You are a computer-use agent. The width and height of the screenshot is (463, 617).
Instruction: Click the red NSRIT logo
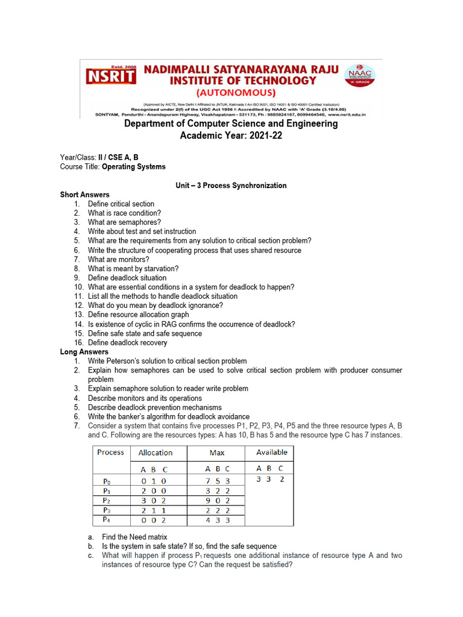[x=110, y=76]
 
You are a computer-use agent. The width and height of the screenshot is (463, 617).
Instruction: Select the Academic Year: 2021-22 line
[x=231, y=136]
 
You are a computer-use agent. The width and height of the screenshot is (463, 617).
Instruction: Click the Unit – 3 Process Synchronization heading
[x=231, y=186]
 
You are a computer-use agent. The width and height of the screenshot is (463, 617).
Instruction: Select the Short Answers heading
[x=84, y=195]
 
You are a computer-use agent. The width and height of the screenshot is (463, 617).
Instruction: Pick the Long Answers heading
[x=84, y=352]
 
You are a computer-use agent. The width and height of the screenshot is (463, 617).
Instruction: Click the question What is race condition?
[x=124, y=213]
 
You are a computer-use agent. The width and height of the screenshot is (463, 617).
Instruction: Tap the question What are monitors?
[x=118, y=259]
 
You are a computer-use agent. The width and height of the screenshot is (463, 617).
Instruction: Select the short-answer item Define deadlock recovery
[x=127, y=343]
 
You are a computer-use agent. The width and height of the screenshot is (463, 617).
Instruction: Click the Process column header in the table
[x=110, y=453]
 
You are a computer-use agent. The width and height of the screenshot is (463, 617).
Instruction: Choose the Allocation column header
[x=155, y=453]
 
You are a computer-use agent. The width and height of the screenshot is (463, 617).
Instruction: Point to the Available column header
[x=271, y=453]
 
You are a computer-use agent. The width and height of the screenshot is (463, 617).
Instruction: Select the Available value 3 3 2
[x=270, y=480]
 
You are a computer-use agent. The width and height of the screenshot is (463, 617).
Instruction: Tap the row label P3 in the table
[x=107, y=510]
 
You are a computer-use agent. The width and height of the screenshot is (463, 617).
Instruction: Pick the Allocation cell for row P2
[x=153, y=500]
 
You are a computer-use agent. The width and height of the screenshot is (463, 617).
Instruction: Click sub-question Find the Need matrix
[x=134, y=537]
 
